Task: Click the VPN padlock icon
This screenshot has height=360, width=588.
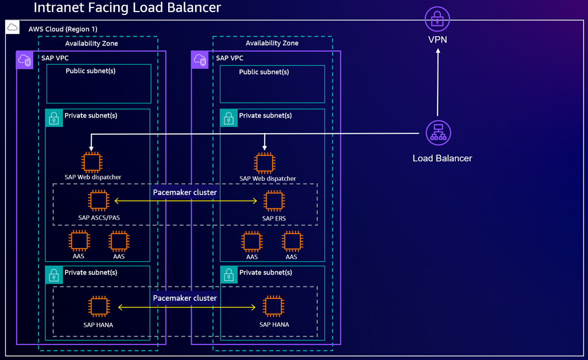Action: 438,18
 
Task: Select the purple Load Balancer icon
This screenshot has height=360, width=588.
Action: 438,133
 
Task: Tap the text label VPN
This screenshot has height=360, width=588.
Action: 438,40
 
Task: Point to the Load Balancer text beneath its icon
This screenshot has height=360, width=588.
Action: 442,158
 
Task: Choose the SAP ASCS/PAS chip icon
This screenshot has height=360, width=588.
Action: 99,201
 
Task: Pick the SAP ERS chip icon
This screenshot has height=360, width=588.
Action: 274,201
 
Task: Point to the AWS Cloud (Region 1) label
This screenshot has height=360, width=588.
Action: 63,29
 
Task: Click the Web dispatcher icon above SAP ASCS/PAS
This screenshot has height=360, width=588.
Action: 92,162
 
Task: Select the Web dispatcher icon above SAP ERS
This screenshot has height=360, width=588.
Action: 264,163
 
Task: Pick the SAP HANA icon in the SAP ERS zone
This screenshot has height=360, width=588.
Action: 274,307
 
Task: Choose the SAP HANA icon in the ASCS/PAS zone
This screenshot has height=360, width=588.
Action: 99,307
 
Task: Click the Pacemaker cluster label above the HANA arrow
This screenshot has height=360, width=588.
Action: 185,298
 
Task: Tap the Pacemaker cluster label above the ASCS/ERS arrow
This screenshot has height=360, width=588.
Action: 185,192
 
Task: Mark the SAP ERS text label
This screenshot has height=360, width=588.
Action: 274,218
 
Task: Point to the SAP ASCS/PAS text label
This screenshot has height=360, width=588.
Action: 99,218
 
